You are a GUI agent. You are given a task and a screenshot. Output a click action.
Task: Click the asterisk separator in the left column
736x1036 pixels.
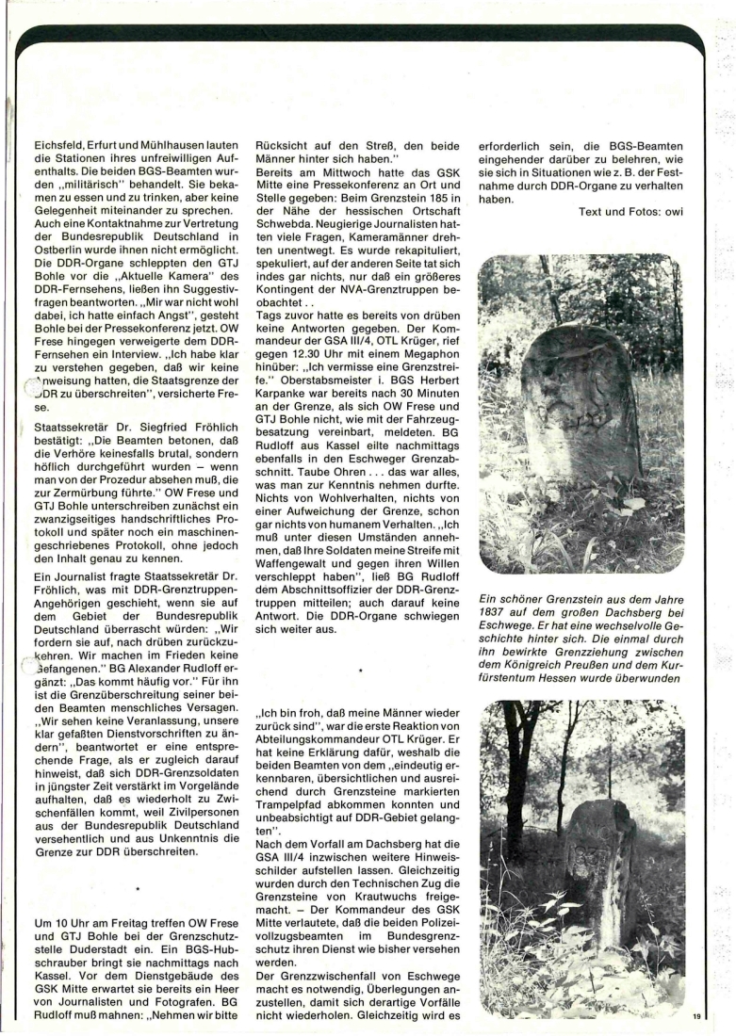click(137, 887)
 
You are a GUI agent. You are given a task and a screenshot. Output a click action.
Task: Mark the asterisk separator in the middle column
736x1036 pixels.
click(362, 672)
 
